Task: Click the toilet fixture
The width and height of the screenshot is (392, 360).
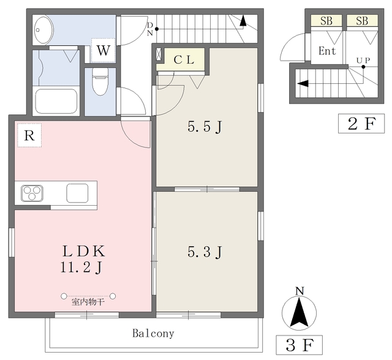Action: (100, 81)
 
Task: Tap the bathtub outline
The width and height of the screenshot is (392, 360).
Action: (56, 101)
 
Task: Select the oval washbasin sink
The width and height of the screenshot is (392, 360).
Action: (43, 30)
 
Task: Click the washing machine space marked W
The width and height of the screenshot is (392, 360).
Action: (104, 50)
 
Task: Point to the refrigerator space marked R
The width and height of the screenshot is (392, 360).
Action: (29, 135)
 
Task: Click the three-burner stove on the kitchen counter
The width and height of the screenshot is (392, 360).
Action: (32, 193)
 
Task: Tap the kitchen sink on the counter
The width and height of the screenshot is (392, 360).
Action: (77, 193)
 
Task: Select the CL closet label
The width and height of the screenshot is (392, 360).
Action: (184, 60)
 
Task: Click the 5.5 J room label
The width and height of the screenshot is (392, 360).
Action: (205, 127)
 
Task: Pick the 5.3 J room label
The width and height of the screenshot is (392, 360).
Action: (205, 252)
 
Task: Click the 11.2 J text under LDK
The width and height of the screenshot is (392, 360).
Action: (81, 268)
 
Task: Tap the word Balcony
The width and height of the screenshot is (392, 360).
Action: (153, 334)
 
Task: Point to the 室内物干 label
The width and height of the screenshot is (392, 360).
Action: (88, 302)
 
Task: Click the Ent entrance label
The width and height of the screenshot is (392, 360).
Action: (327, 51)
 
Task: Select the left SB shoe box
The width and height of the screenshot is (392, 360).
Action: (326, 20)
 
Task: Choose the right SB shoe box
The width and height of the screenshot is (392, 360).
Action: (362, 20)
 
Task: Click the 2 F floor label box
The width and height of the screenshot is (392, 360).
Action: (361, 124)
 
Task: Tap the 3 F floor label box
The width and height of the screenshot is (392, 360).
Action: (300, 345)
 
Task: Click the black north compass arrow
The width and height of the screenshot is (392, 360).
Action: (299, 314)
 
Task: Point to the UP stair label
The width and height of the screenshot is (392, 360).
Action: (363, 61)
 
